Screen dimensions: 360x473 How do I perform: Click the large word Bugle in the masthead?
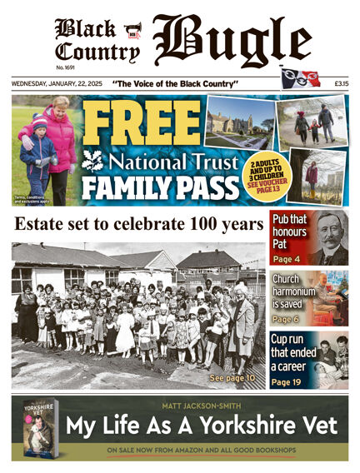pos(231,42)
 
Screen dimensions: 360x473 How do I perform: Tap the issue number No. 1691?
pos(66,67)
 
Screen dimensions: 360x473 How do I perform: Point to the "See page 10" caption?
pos(233,378)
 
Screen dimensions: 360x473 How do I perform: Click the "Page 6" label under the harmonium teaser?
pos(286,319)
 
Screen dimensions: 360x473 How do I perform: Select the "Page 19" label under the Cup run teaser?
pos(288,381)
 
